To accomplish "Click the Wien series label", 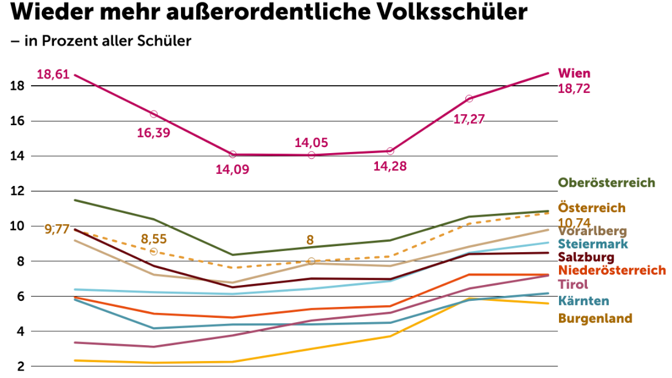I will click(x=574, y=74).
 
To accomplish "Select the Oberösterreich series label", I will click(x=606, y=183).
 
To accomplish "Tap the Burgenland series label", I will click(x=595, y=318).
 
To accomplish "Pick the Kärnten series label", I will click(x=583, y=301).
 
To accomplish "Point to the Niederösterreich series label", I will click(x=612, y=270).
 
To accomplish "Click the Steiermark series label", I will click(x=592, y=244).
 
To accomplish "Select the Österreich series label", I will click(x=591, y=208).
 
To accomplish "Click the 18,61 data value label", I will click(x=52, y=75).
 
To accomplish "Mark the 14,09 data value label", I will click(x=232, y=170).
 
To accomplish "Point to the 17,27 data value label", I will click(x=469, y=119).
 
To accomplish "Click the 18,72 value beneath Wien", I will click(x=574, y=89).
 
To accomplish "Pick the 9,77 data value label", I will click(x=57, y=230).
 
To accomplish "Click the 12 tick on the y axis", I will click(x=16, y=191).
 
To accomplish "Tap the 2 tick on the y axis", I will click(x=20, y=366).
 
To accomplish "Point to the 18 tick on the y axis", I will click(x=16, y=86).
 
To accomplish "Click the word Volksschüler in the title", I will click(x=447, y=12).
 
